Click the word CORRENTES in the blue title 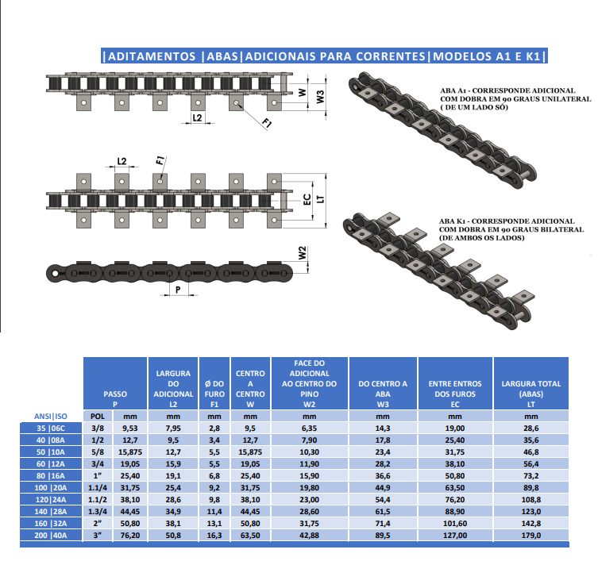(x=391, y=56)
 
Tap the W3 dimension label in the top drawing (x=320, y=97)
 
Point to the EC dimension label (x=307, y=199)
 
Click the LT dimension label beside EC (x=320, y=199)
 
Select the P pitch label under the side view (x=178, y=290)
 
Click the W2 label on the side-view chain (x=302, y=253)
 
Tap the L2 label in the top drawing (x=197, y=117)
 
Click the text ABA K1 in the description (x=453, y=221)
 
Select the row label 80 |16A (x=51, y=475)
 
